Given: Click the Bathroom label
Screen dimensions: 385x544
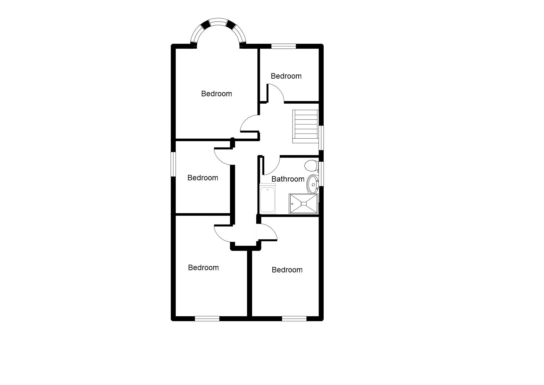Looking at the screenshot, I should point(288,179).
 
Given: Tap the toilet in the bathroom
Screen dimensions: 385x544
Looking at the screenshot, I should point(310,166).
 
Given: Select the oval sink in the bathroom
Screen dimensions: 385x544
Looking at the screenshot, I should point(313,184).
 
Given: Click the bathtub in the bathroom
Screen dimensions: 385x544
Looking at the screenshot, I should point(267,200).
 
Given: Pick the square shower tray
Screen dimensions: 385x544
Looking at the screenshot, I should point(303,203).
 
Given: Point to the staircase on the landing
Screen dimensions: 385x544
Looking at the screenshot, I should point(305,126).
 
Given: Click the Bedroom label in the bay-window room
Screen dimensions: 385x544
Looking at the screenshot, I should point(217,94).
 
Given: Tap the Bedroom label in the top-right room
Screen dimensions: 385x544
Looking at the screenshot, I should point(286,76).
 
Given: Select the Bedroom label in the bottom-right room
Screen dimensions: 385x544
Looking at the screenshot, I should point(287,270).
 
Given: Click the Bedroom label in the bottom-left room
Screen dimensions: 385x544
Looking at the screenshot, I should point(203,268).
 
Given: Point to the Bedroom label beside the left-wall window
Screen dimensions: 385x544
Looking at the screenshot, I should point(203,178).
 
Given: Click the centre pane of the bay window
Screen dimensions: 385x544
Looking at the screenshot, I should point(218,22).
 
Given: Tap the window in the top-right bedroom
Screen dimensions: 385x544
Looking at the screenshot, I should point(284,46).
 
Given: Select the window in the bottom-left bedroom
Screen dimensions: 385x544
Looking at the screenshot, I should point(207,319).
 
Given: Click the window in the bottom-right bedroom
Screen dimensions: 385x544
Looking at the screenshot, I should point(294,319).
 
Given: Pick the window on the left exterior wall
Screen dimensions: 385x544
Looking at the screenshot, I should point(174,164).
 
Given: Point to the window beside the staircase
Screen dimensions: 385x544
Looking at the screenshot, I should point(321,138).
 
